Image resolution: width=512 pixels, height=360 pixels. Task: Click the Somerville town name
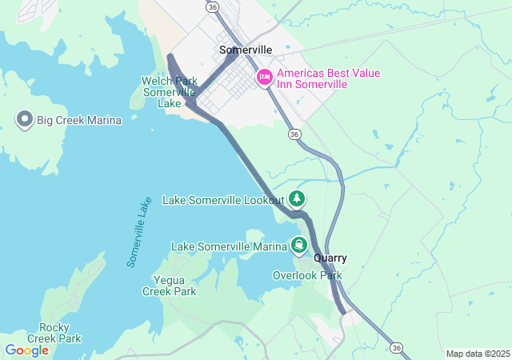pos(246,50)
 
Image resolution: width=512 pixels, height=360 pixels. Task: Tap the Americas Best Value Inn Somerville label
pos(328,78)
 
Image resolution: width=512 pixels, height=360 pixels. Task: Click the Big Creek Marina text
pos(78,121)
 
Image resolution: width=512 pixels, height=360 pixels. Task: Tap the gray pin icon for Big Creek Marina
pos(24,121)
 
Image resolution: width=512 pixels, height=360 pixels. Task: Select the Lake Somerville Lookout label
pos(223,199)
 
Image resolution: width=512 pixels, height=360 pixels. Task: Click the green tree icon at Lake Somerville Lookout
pos(297,198)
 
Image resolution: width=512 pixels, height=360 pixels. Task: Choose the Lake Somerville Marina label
pos(228,246)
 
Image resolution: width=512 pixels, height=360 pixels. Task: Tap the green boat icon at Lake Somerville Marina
pos(299,245)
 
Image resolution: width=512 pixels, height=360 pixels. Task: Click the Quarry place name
pos(330,258)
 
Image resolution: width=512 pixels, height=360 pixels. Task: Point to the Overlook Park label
pos(307,275)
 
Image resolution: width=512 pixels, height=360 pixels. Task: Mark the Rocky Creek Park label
pos(60,333)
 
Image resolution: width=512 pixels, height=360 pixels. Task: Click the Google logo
pos(26,350)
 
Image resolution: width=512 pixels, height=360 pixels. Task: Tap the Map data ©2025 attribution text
pos(477,354)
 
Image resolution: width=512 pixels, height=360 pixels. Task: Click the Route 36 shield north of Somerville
pos(212,6)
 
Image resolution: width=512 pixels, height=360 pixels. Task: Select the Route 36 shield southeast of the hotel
pos(295,134)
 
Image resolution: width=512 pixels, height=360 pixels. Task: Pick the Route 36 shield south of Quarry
pos(396,347)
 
